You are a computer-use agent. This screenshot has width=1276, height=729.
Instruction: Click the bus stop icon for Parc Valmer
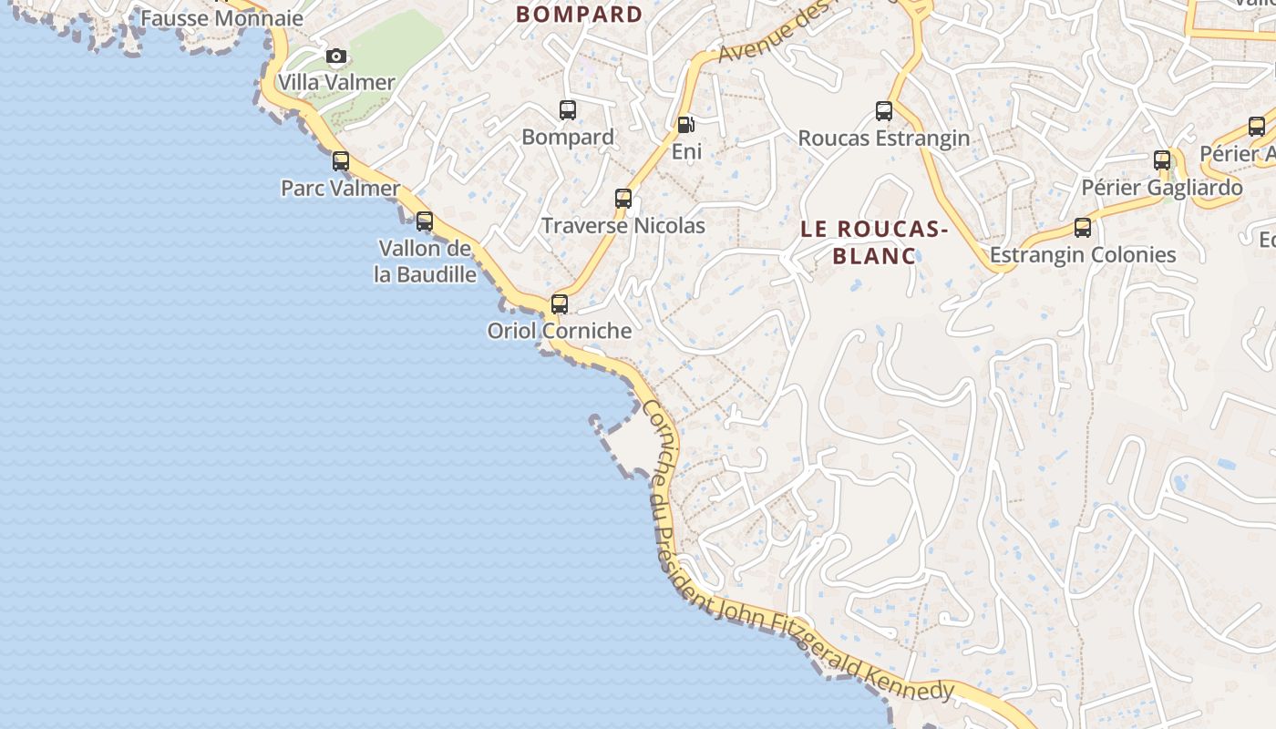[x=341, y=161]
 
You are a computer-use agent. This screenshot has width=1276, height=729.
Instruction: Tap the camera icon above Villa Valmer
[x=336, y=56]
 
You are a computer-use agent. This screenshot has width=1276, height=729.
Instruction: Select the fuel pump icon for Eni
[x=685, y=124]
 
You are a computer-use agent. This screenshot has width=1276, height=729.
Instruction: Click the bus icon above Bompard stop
[x=568, y=110]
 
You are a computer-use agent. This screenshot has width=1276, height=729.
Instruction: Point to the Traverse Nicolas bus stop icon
[x=623, y=198]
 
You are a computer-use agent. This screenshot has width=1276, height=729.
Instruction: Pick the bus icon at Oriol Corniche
[x=560, y=303]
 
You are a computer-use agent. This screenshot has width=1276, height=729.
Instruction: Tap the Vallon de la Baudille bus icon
[x=425, y=221]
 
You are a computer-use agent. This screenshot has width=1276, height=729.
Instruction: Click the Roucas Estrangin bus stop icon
[x=884, y=111]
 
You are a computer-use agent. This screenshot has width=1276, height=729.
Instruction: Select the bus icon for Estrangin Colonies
[x=1083, y=227]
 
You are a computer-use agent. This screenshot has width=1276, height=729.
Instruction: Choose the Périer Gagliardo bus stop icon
[x=1162, y=160]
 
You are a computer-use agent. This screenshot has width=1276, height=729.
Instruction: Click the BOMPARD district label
[x=580, y=15]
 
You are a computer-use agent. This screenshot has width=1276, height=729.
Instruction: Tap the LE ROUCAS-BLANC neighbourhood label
[x=874, y=241]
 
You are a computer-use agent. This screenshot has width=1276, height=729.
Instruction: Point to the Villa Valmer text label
[x=336, y=82]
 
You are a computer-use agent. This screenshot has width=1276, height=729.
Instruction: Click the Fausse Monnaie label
[x=221, y=18]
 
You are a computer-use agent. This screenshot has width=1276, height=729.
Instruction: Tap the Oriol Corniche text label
[x=560, y=331]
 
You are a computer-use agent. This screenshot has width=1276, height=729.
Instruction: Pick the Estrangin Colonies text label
[x=1083, y=255]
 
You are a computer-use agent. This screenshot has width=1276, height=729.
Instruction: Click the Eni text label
[x=686, y=152]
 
